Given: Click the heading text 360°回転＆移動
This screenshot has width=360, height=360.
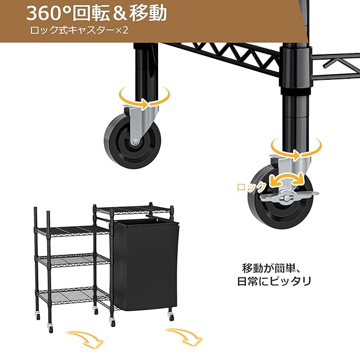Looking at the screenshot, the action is coord(97,13).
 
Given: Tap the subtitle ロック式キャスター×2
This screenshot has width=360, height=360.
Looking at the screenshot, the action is coord(80,30).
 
